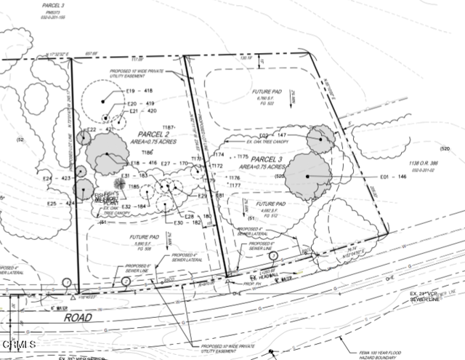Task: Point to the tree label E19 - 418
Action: [139, 90]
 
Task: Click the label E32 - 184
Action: [137, 207]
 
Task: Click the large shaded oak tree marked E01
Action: [308, 176]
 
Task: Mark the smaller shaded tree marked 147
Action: [320, 138]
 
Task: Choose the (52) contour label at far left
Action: [20, 139]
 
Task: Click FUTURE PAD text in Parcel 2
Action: [145, 237]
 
